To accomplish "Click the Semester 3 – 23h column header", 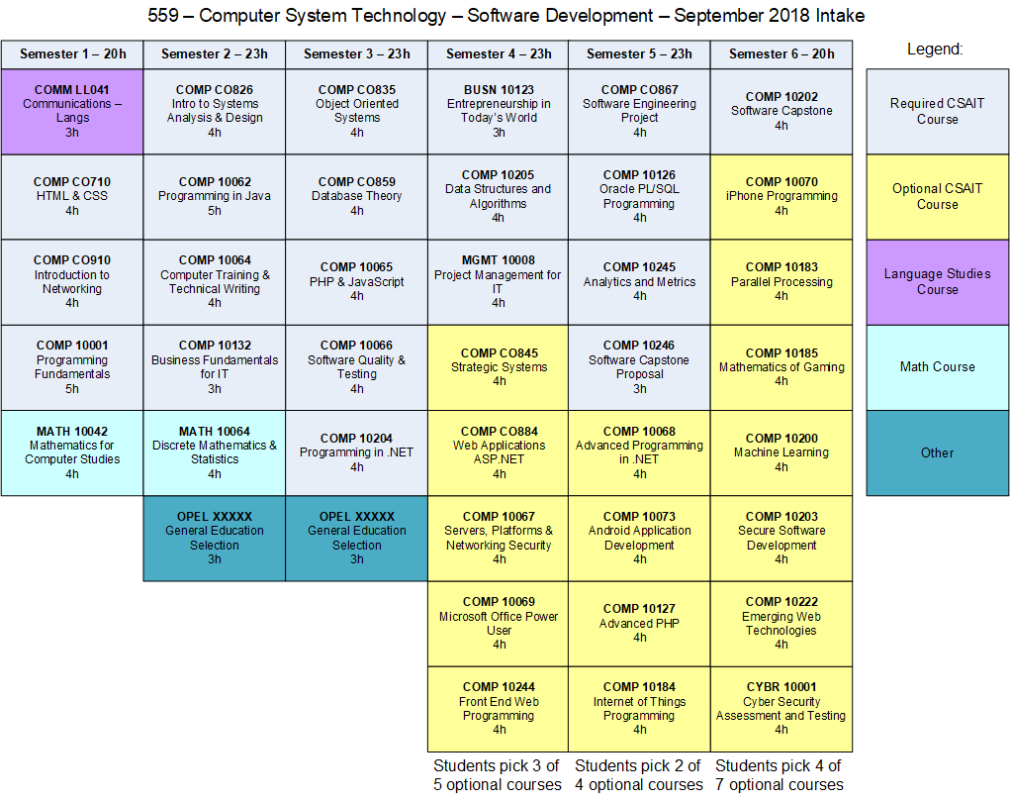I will (356, 54).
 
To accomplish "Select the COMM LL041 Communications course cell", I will (72, 111).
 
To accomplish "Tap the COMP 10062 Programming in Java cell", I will (215, 196).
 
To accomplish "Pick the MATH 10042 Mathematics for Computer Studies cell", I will (72, 452).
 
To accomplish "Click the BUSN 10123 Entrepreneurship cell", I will (499, 111).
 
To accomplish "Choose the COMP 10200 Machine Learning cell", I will (781, 452).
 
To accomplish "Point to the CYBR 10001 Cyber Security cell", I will (781, 708).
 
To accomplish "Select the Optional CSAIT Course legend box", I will (937, 196).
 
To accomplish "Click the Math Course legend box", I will (937, 366).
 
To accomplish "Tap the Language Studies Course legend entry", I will (937, 282).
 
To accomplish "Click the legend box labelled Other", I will (937, 452).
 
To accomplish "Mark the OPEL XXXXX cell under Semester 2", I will (215, 538).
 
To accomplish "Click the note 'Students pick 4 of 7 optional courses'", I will (779, 775).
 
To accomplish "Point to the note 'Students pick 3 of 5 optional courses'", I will (497, 775).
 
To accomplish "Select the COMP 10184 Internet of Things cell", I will (639, 708).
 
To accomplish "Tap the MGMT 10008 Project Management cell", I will (499, 282).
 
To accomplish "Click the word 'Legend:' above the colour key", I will (935, 49).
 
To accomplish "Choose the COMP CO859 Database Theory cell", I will (356, 196).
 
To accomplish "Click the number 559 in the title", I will (163, 15).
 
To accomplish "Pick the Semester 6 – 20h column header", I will (781, 54).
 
